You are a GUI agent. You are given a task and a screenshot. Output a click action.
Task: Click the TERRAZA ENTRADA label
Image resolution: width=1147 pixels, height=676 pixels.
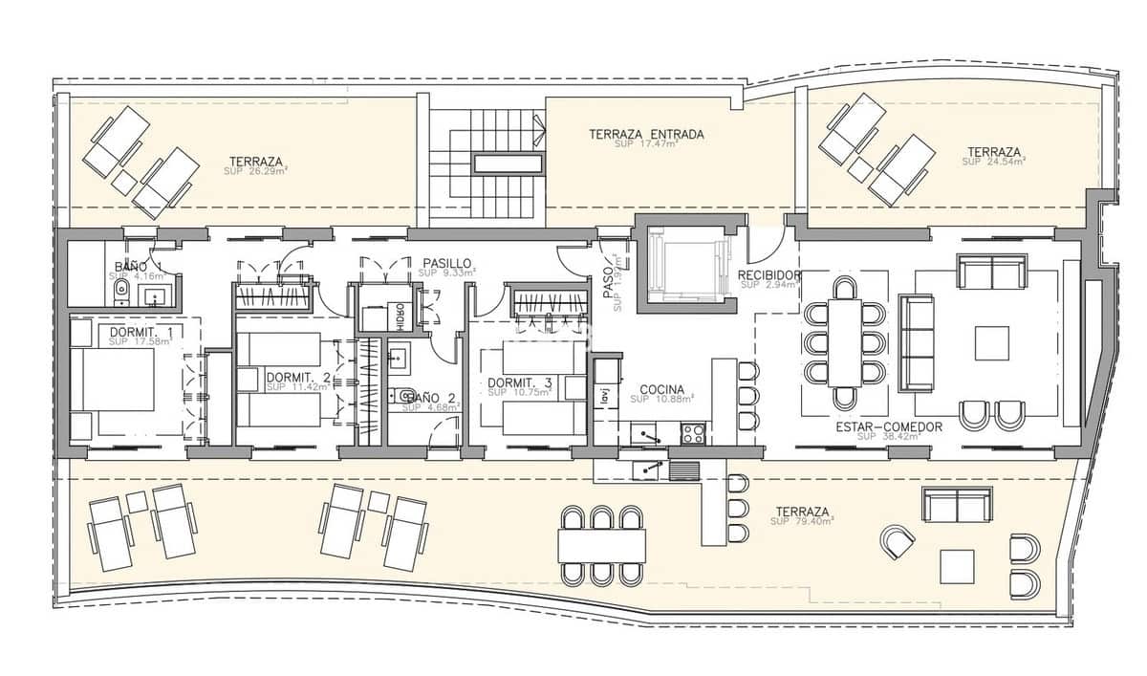coord(646,135)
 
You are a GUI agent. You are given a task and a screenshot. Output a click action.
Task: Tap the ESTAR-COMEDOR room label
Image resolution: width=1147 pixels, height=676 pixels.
coord(889,426)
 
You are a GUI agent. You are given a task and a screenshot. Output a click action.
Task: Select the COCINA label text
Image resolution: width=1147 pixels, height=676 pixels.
coord(661,389)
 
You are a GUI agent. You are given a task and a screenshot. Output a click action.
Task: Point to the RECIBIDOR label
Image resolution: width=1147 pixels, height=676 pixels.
coord(768,275)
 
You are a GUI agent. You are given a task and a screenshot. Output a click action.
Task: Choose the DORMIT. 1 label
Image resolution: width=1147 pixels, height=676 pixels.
coord(141,332)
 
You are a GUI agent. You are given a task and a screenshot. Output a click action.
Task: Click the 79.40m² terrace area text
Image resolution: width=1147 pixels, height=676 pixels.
coord(804,521)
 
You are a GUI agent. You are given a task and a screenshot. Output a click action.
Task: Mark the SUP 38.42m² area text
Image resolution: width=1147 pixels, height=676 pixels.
coord(889,436)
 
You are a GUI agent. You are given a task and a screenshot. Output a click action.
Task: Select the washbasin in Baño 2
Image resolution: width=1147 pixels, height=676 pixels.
coord(400,358)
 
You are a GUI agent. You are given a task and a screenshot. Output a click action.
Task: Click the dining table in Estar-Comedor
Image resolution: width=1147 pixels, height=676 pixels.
coord(845,342)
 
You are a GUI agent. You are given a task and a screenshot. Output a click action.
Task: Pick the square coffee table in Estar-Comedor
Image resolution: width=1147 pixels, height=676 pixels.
coord(991,343)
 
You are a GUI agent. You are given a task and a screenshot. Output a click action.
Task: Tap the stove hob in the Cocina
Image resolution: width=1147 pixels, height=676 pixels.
coord(692,433)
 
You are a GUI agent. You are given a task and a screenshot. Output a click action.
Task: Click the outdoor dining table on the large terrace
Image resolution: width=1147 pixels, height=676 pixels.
coord(600,546)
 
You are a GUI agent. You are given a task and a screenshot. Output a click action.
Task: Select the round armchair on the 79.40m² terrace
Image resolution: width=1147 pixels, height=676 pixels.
coord(898,542)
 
